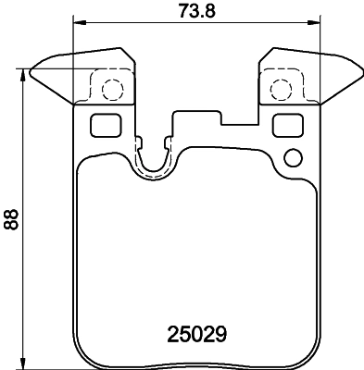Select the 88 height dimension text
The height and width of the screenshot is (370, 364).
(x=11, y=219)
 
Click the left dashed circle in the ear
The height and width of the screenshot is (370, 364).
(x=111, y=90)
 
